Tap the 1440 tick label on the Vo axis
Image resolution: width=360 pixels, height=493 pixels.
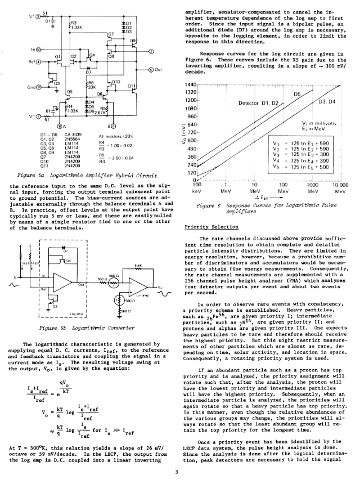[x=192, y=84]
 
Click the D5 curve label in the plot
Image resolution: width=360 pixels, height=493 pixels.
[x=298, y=94]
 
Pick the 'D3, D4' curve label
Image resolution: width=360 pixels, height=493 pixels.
[x=327, y=101]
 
